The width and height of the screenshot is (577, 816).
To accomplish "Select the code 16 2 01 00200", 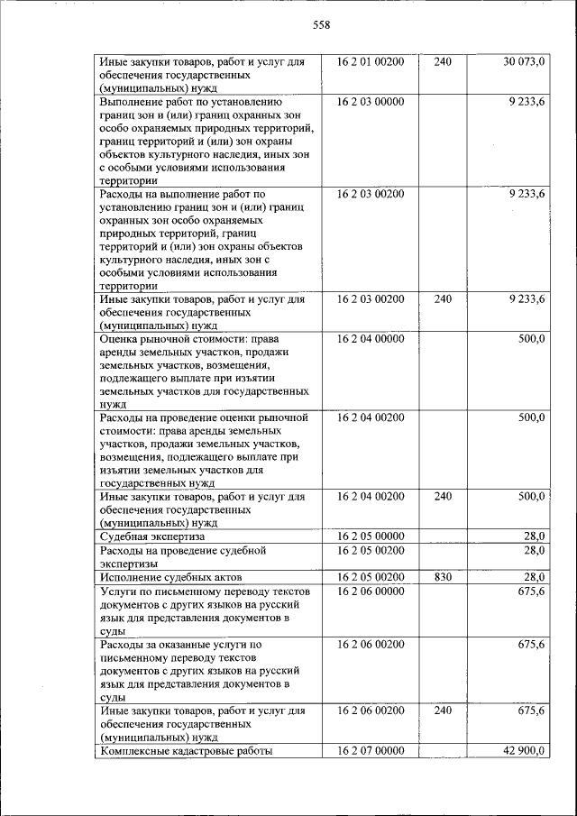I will point(371,61).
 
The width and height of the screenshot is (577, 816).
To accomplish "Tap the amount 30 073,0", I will point(524,61).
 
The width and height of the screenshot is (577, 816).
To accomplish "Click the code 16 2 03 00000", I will point(371,102).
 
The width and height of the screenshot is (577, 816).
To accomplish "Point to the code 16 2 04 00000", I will point(371,339).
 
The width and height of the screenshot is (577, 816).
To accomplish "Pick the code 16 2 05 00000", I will point(371,536).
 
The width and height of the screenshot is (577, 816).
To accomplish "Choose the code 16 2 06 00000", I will point(371,591).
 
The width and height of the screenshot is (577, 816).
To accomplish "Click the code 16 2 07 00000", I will point(371,751).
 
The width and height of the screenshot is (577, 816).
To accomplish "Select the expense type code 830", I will point(443,576).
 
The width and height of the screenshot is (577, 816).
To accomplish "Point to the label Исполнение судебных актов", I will point(171,576).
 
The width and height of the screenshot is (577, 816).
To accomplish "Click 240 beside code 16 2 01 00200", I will point(443,61).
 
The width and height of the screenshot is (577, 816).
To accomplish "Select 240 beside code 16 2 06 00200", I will point(443,711).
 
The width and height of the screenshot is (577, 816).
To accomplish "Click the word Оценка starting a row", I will point(122,339).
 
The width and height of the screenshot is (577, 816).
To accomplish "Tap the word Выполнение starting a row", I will point(133,102).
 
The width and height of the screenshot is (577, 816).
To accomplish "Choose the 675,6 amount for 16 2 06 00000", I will point(530,591).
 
